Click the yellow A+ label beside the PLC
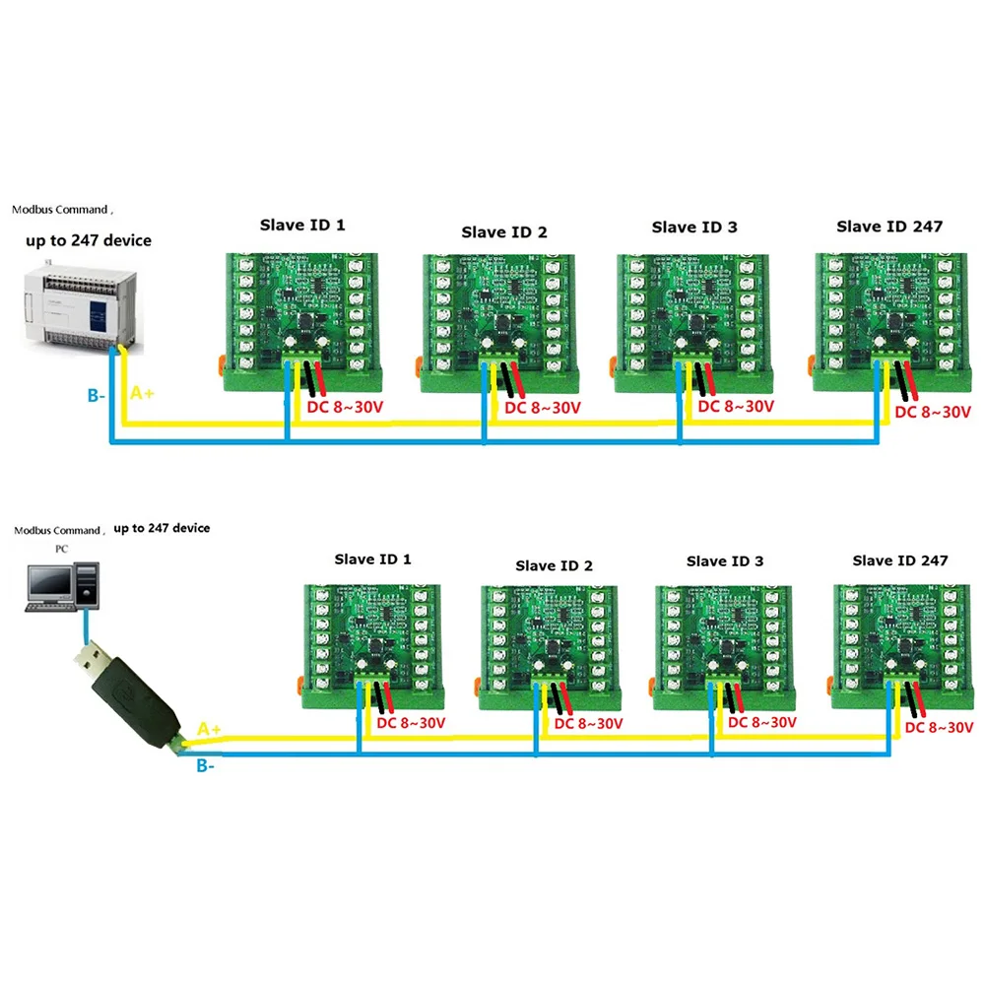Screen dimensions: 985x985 pyautogui.click(x=143, y=393)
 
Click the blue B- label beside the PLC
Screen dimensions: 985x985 pyautogui.click(x=96, y=396)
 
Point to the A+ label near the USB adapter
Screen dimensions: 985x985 pyautogui.click(x=209, y=729)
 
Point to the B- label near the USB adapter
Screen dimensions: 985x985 pyautogui.click(x=205, y=765)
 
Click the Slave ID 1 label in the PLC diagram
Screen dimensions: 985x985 pyautogui.click(x=302, y=225)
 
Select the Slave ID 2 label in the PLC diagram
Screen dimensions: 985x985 pyautogui.click(x=503, y=232)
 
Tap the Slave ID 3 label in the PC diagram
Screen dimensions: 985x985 pyautogui.click(x=725, y=560)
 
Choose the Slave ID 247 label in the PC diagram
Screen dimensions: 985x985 pyautogui.click(x=899, y=560)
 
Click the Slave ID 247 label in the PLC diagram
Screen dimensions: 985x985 pyautogui.click(x=888, y=226)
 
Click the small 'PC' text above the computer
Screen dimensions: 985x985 pyautogui.click(x=47, y=548)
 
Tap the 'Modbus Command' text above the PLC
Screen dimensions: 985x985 pyautogui.click(x=61, y=210)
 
